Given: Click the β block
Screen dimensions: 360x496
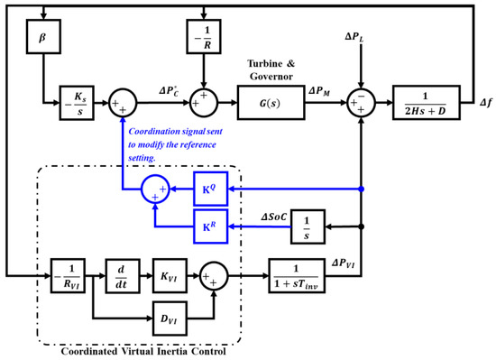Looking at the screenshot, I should [x=42, y=42].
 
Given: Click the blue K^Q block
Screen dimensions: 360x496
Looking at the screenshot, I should [x=210, y=189].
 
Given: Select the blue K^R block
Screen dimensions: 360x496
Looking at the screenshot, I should [x=210, y=223].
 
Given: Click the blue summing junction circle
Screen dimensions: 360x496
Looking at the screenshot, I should [x=154, y=189].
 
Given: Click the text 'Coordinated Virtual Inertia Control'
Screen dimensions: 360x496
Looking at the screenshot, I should [x=142, y=350].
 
